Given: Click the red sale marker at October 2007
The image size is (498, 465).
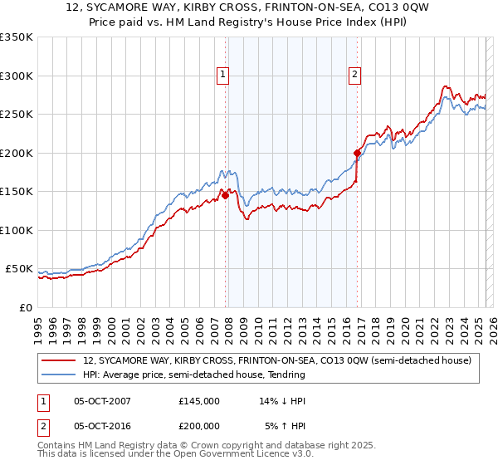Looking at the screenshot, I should point(225,196).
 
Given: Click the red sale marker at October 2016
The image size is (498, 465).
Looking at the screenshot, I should point(357,153).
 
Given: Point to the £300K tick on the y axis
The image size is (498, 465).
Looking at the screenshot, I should point(17,76).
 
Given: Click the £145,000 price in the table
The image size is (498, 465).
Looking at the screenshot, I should point(198,400).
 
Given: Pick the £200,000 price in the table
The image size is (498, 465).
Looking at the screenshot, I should point(198,427).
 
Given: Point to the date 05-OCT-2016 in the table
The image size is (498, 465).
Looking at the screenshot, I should point(102,427).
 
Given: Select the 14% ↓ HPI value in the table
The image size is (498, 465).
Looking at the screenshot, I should point(282,400).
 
